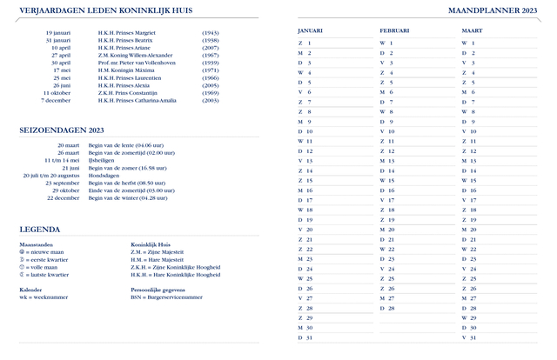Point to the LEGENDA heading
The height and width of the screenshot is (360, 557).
(40, 229)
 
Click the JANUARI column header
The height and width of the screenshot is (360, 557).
(310, 30)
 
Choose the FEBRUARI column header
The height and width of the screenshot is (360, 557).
(394, 30)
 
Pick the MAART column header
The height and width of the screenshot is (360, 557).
(473, 30)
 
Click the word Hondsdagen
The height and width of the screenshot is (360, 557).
(104, 176)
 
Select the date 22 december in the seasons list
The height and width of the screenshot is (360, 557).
(63, 198)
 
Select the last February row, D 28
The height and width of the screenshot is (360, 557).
(387, 308)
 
